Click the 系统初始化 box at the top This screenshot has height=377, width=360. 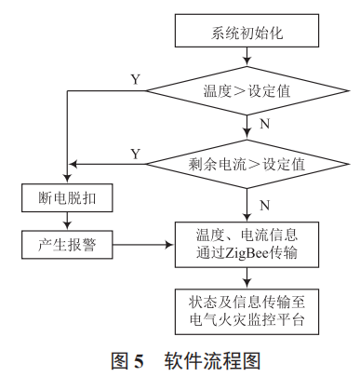[x=246, y=32]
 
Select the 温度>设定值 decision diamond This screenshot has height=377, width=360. [x=246, y=93]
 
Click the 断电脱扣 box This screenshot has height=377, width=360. [x=66, y=197]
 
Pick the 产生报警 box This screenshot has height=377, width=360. [x=66, y=246]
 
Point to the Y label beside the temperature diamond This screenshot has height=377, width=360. [x=135, y=80]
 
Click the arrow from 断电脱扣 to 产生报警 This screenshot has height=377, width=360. [x=66, y=222]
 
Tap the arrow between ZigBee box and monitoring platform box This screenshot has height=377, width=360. [x=246, y=278]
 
